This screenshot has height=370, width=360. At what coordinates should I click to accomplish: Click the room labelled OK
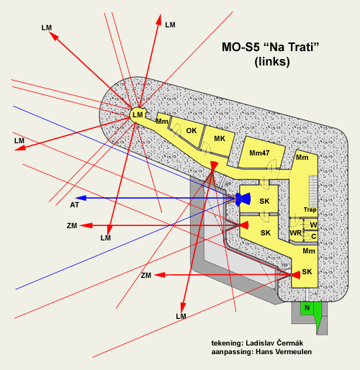189,132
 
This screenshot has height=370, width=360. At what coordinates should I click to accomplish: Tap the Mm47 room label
259,153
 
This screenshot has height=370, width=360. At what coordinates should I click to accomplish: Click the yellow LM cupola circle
138,114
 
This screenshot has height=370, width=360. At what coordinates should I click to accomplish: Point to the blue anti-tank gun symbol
243,199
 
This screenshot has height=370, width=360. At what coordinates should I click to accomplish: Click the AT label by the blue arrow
74,205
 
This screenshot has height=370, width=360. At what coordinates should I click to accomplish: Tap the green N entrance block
307,308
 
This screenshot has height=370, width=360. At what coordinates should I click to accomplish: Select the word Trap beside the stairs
310,209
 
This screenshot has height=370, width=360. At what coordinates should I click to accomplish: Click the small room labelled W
311,225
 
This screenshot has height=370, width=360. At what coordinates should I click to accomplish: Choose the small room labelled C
311,237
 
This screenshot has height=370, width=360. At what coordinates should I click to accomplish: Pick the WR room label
296,233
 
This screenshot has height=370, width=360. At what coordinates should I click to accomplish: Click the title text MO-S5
240,47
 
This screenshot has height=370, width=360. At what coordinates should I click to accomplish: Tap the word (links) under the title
272,62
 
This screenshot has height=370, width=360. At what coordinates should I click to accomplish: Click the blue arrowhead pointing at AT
81,198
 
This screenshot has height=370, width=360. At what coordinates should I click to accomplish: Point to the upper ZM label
72,226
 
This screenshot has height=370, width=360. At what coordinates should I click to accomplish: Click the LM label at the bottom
181,317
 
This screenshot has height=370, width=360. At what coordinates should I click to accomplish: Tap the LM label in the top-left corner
47,28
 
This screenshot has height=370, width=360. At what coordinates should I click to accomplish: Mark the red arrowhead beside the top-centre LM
158,19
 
